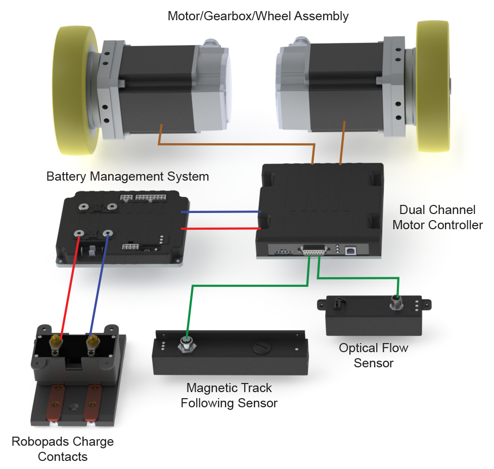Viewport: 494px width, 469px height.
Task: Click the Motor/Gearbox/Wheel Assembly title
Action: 258,16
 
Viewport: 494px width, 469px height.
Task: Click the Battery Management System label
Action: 127,177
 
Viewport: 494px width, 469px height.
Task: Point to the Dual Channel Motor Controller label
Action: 437,217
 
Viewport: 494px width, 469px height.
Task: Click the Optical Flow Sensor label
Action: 373,355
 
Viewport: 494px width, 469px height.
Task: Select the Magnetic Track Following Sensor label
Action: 229,395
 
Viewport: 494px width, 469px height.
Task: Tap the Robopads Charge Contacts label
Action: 63,449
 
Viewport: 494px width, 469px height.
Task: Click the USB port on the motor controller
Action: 349,250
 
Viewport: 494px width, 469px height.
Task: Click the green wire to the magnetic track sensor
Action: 243,286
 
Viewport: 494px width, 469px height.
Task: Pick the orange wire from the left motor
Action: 233,144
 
